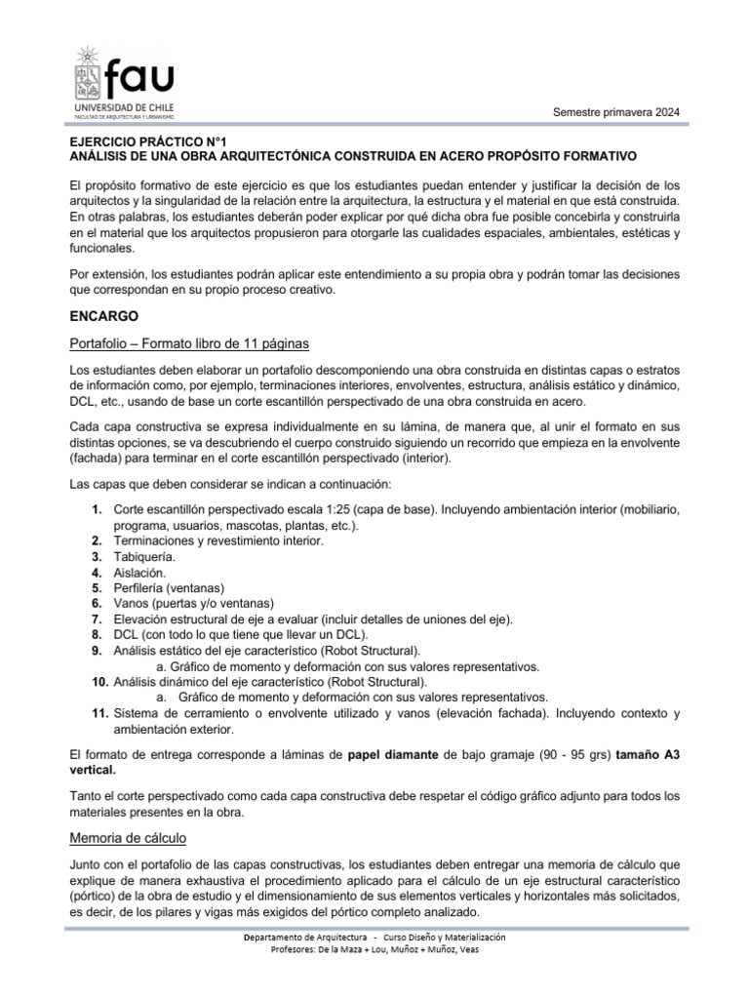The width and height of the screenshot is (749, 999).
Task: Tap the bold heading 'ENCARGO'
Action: (105, 316)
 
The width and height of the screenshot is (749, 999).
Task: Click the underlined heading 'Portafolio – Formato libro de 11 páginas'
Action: (190, 344)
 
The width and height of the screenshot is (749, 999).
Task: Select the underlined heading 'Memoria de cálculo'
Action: (130, 838)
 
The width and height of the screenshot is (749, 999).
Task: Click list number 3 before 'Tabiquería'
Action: (97, 556)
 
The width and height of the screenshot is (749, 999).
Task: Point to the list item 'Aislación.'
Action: (139, 573)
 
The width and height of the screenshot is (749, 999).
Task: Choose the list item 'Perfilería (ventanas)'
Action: (169, 588)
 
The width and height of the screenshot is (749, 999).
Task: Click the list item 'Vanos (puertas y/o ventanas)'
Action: (194, 604)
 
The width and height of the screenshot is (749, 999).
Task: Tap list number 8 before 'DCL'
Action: (97, 635)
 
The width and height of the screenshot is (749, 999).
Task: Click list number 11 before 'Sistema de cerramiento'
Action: (99, 714)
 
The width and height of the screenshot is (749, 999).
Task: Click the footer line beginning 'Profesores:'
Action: (374, 950)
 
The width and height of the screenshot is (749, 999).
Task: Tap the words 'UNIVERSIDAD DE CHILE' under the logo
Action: (123, 105)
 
